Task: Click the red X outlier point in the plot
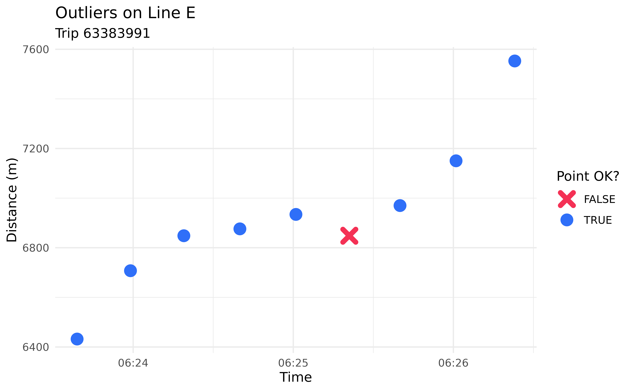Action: coord(349,236)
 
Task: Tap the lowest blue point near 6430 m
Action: coord(77,339)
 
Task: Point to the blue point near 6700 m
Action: coord(130,271)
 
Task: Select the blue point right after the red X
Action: coord(400,206)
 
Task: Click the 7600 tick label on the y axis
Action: coord(36,49)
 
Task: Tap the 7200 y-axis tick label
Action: coord(36,149)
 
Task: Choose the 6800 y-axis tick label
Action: coord(36,248)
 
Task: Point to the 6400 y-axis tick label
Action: coord(36,347)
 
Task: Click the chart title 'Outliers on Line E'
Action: coord(125,13)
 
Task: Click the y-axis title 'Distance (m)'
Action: coord(12,200)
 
